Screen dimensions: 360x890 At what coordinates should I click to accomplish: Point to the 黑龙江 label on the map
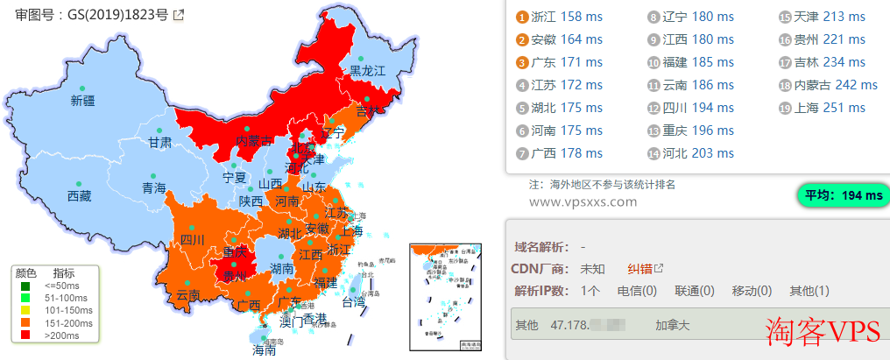pyautogui.click(x=368, y=70)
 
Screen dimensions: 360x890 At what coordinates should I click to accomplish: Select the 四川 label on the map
pyautogui.click(x=192, y=239)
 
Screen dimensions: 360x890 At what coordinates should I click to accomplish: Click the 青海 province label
pyautogui.click(x=154, y=187)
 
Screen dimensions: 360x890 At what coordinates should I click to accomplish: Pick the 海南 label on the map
pyautogui.click(x=264, y=349)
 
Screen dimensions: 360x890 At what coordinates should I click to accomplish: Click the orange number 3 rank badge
pyautogui.click(x=522, y=62)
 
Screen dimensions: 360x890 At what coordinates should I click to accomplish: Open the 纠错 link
pyautogui.click(x=640, y=268)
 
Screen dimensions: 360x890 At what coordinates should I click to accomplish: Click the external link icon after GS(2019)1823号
pyautogui.click(x=179, y=15)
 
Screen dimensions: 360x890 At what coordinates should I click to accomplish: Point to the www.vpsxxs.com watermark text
pyautogui.click(x=583, y=201)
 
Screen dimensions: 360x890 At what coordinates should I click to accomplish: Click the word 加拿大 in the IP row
pyautogui.click(x=673, y=325)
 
